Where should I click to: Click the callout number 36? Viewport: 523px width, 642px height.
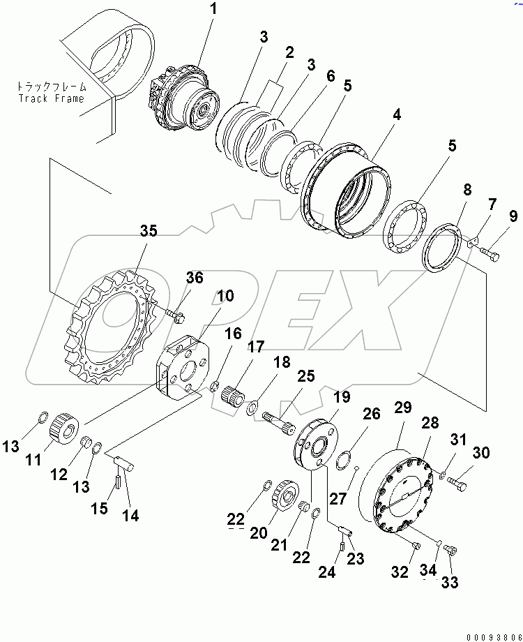(x=195, y=278)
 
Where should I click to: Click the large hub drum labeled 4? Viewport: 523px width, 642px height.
(x=346, y=191)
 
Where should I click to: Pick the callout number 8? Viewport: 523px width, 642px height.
(x=467, y=189)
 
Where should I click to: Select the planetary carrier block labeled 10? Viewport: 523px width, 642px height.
(x=183, y=367)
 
